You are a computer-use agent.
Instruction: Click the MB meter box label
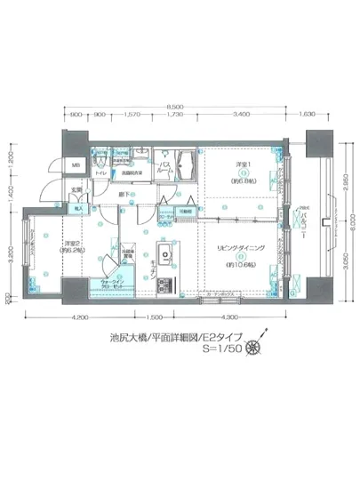[x=76, y=164]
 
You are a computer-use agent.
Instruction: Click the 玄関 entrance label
[x=76, y=189]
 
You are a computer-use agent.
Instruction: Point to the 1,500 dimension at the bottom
[x=152, y=317]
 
